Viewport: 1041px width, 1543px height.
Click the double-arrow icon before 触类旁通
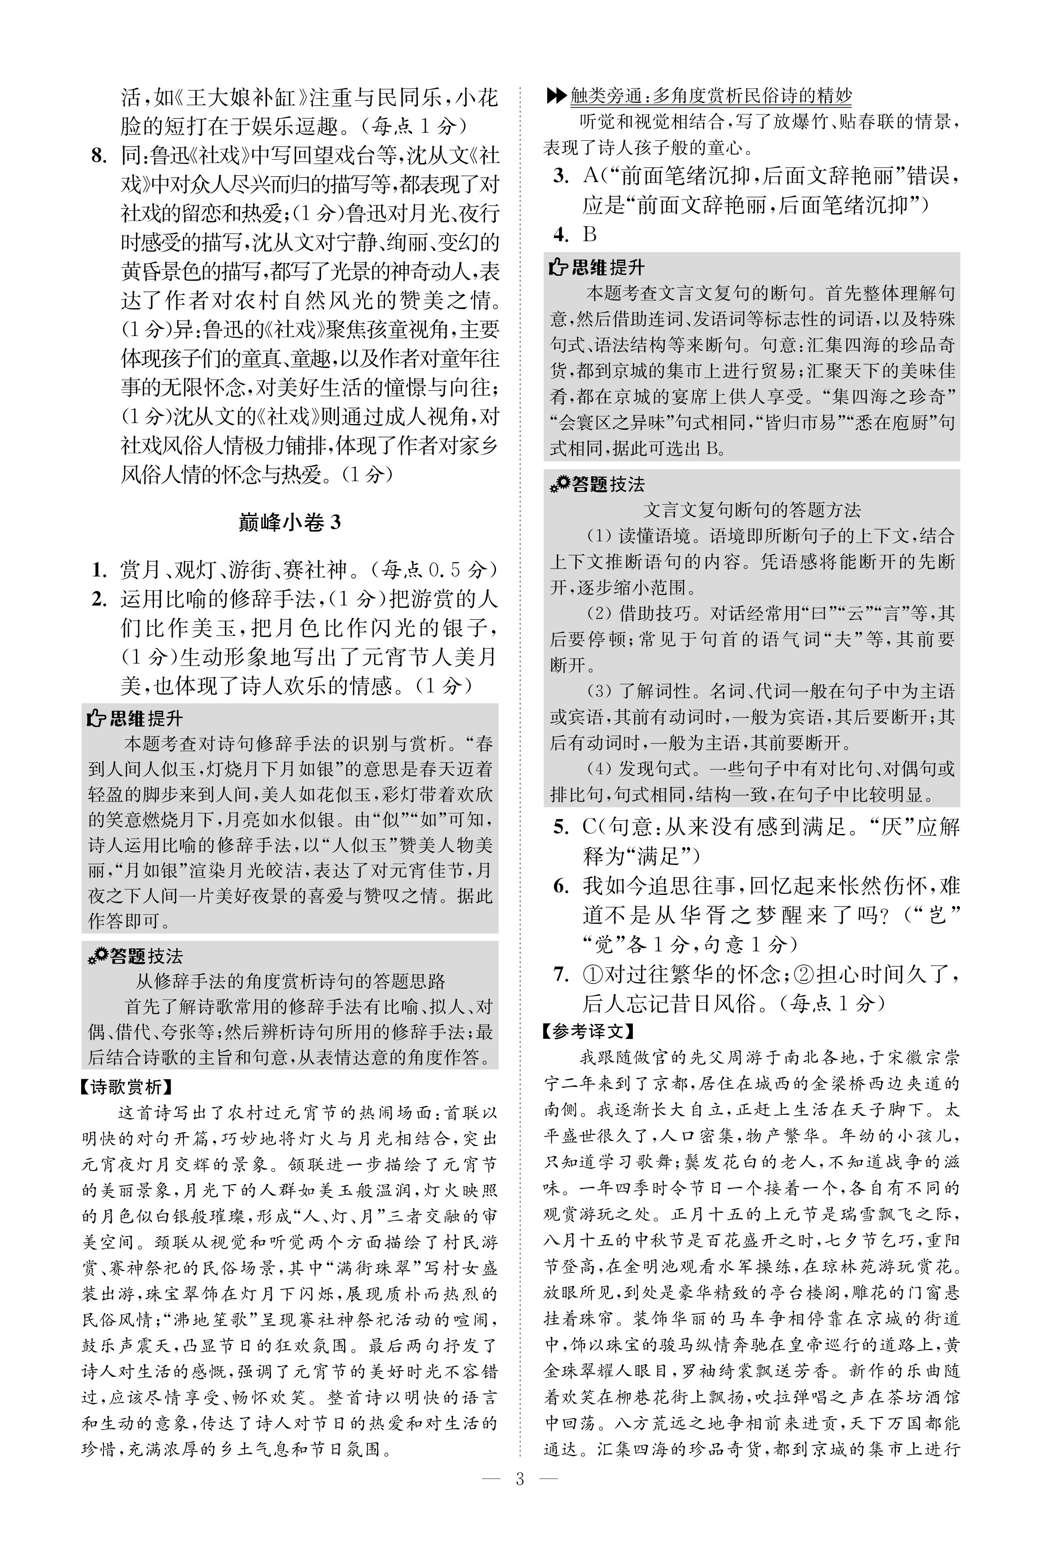tap(556, 96)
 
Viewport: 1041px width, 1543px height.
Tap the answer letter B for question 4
tap(589, 234)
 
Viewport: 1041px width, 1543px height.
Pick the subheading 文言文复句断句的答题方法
tap(752, 510)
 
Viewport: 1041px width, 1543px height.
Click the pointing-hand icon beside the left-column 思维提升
tap(97, 719)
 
